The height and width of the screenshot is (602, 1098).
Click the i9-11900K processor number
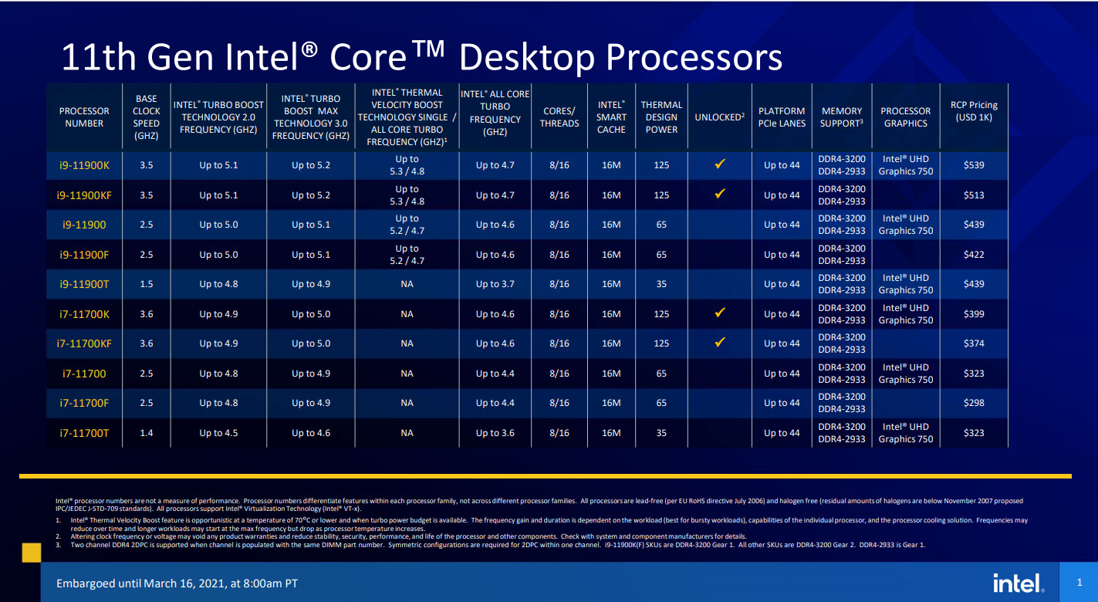point(84,165)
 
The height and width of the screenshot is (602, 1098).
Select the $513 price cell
point(974,195)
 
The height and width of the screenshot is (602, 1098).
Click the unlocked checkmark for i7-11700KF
point(719,342)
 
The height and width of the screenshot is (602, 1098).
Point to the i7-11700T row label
point(84,433)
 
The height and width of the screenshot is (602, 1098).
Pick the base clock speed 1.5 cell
point(146,284)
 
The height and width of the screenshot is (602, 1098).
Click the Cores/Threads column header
point(559,117)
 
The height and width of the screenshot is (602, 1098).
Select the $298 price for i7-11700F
point(974,403)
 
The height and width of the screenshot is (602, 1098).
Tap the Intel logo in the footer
point(1016,583)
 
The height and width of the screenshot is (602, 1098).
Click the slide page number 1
point(1079,582)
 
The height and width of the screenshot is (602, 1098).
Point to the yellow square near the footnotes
point(32,552)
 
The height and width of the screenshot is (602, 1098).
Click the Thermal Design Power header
point(661,117)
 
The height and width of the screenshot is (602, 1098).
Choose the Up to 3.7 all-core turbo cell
point(495,284)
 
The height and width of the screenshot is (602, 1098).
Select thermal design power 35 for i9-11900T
point(661,284)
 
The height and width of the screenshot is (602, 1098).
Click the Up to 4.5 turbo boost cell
point(218,433)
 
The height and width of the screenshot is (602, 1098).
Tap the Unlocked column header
point(719,117)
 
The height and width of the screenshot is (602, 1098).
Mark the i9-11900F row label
point(84,255)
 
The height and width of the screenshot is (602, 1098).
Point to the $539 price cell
point(974,165)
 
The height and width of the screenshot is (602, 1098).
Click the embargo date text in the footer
point(177,583)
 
